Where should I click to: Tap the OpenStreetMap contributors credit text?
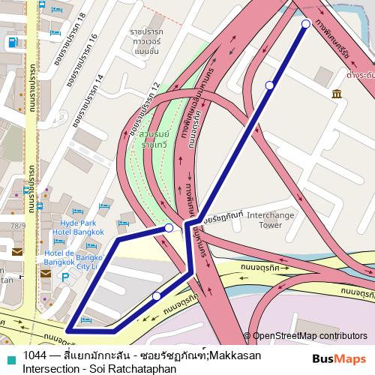click(310, 337)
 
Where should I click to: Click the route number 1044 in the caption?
click(35, 355)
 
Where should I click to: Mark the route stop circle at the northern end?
click(305, 24)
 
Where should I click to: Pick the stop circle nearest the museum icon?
click(270, 85)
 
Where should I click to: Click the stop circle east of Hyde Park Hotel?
click(169, 227)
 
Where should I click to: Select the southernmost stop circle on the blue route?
click(157, 297)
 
